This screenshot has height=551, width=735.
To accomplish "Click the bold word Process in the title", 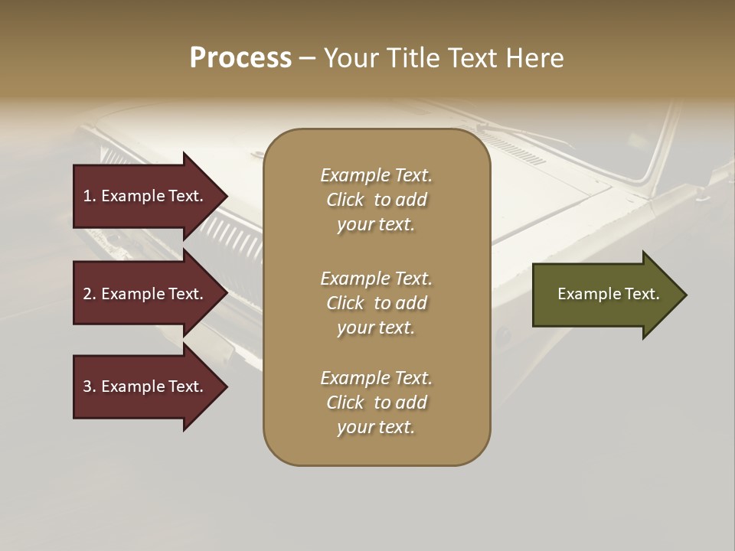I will tap(240, 58).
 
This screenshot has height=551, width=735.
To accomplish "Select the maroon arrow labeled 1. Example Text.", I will tap(143, 196).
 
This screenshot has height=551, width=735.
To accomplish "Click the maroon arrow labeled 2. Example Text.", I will tap(143, 294).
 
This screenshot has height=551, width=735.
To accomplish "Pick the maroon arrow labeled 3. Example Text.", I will tap(143, 386).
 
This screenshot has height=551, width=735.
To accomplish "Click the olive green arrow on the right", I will tap(608, 295).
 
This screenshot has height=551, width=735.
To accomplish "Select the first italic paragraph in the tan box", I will tap(376, 200).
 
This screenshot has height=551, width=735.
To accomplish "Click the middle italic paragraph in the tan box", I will tap(376, 303).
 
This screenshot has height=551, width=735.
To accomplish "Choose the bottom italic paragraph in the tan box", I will tap(376, 403).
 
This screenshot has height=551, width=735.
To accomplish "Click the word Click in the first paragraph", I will tap(345, 200).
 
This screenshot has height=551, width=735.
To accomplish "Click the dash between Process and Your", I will tap(307, 59).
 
